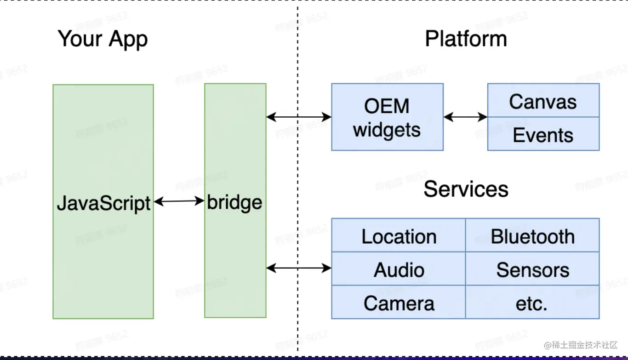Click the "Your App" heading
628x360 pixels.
click(103, 39)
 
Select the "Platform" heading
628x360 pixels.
click(466, 39)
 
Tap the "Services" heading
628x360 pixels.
click(466, 189)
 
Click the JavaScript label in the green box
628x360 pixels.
click(103, 203)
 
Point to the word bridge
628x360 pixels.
click(234, 202)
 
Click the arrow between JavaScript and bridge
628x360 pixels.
click(179, 201)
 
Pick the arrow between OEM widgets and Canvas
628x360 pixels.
click(465, 117)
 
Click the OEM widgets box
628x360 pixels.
click(387, 117)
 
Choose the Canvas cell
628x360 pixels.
click(543, 101)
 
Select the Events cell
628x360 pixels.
click(543, 135)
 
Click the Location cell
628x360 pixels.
click(399, 236)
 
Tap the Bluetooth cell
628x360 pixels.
click(532, 236)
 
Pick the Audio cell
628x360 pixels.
click(399, 269)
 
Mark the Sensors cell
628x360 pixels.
click(532, 269)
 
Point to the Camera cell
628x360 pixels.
click(399, 303)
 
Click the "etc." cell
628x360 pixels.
click(532, 303)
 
